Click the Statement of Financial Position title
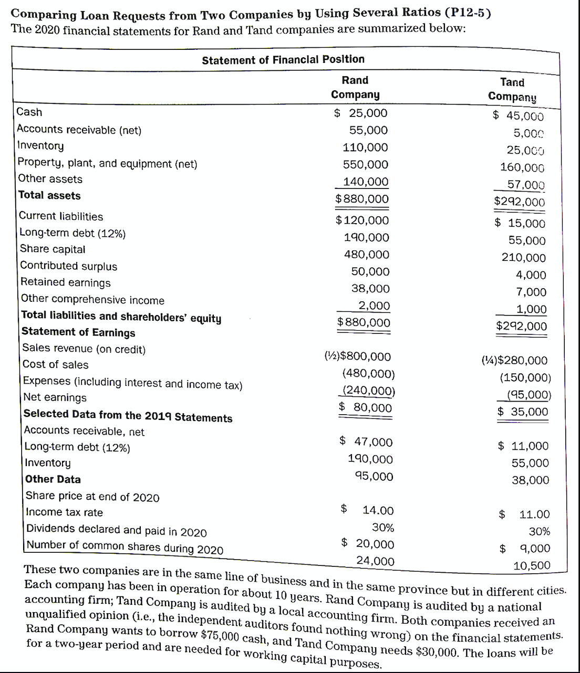pyautogui.click(x=283, y=59)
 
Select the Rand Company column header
pyautogui.click(x=355, y=87)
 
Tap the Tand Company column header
pyautogui.click(x=512, y=89)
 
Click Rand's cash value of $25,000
pyautogui.click(x=361, y=113)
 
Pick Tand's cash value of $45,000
pyautogui.click(x=518, y=116)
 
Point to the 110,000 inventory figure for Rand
pyautogui.click(x=365, y=148)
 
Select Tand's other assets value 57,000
pyautogui.click(x=525, y=185)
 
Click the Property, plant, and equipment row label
pyautogui.click(x=108, y=163)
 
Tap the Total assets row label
pyautogui.click(x=49, y=195)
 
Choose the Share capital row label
pyautogui.click(x=53, y=249)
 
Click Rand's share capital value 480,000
pyautogui.click(x=367, y=255)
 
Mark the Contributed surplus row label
pyautogui.click(x=69, y=266)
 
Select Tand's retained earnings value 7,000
pyautogui.click(x=531, y=292)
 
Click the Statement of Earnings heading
pyautogui.click(x=78, y=332)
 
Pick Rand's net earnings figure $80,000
pyautogui.click(x=365, y=407)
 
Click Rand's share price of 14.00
pyautogui.click(x=378, y=510)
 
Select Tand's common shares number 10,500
pyautogui.click(x=532, y=565)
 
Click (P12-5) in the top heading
pyautogui.click(x=468, y=12)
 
